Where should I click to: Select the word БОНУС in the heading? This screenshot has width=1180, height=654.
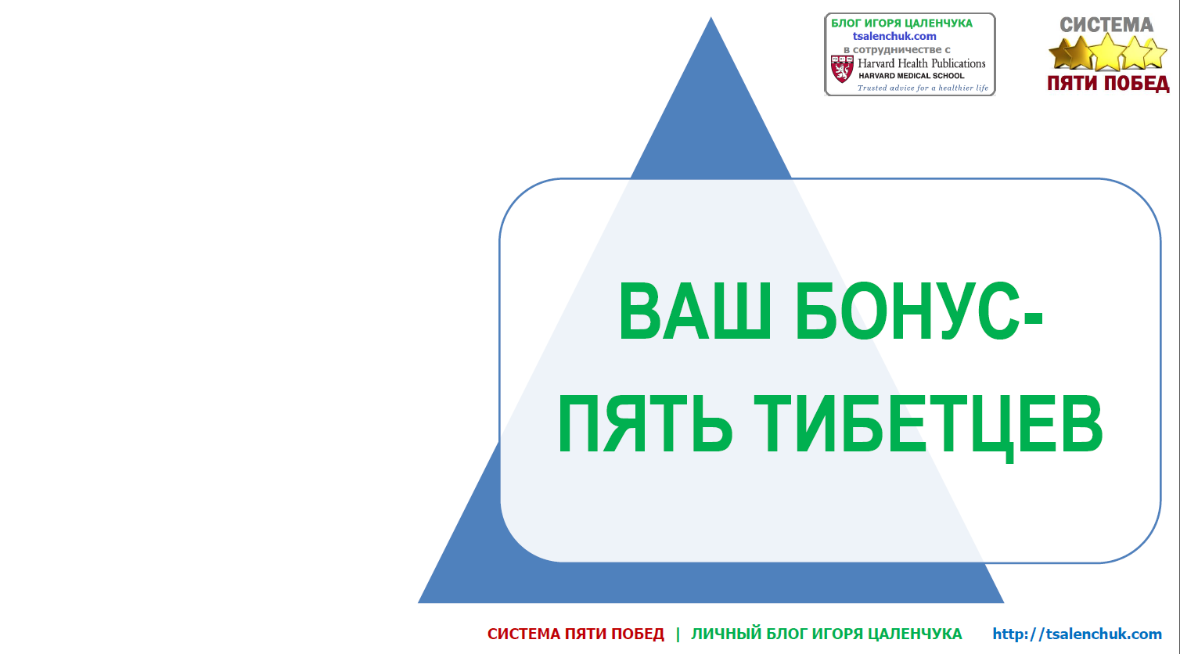pyautogui.click(x=907, y=311)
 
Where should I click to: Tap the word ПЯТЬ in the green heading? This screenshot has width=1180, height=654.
pyautogui.click(x=646, y=424)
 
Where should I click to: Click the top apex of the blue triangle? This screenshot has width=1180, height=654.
pyautogui.click(x=711, y=17)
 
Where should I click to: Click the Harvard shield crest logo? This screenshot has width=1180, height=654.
pyautogui.click(x=842, y=69)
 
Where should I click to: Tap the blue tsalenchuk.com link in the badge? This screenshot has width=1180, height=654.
pyautogui.click(x=894, y=36)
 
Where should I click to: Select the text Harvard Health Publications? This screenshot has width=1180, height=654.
pyautogui.click(x=921, y=63)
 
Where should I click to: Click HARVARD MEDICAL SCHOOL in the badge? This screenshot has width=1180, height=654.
pyautogui.click(x=912, y=76)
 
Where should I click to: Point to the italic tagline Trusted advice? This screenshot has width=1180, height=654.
pyautogui.click(x=923, y=88)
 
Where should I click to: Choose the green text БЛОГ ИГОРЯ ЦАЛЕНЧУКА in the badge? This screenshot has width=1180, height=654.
pyautogui.click(x=902, y=23)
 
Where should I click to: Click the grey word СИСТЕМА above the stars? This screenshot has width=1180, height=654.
pyautogui.click(x=1106, y=25)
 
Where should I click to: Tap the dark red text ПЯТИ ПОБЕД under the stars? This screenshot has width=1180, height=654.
pyautogui.click(x=1108, y=83)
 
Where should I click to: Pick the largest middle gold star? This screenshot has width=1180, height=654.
pyautogui.click(x=1107, y=52)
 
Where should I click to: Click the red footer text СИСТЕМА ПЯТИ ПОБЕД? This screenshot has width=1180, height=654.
pyautogui.click(x=575, y=634)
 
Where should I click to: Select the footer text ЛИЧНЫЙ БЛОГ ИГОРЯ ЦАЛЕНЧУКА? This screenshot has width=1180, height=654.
pyautogui.click(x=826, y=634)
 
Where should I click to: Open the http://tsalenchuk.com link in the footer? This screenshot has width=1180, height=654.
pyautogui.click(x=1077, y=634)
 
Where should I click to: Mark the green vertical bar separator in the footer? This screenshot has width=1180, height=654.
pyautogui.click(x=678, y=634)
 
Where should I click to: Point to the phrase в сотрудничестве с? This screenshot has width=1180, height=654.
pyautogui.click(x=897, y=49)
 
